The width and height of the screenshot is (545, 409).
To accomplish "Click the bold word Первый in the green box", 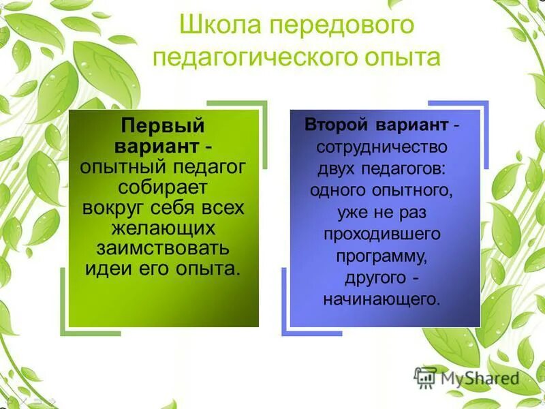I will [x=163, y=127].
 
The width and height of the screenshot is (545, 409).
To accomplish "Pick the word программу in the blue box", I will [x=381, y=256].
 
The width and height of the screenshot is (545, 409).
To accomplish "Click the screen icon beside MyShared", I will [x=425, y=378].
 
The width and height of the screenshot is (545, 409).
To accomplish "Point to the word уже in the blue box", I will [x=350, y=212].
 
